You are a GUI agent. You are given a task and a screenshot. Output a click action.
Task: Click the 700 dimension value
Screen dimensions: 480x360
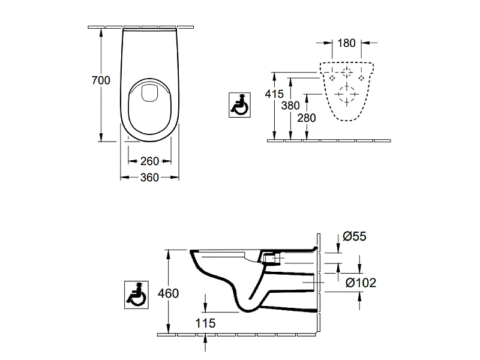coord(101,80)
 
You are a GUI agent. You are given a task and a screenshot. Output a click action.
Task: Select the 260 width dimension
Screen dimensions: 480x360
coord(149,161)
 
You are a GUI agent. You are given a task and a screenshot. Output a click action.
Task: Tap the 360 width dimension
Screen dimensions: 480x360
coord(149,177)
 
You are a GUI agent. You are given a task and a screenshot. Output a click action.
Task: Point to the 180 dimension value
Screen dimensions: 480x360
coord(347,43)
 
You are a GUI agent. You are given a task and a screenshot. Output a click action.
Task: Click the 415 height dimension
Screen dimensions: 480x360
coord(274,94)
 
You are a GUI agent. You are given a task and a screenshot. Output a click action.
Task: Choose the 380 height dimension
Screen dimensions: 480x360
coord(290,106)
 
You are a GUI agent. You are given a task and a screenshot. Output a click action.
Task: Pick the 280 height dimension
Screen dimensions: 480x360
coord(307,118)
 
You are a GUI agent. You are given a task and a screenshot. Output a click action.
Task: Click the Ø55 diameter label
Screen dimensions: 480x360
coord(355,236)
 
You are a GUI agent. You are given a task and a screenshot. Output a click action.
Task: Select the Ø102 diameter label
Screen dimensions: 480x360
coord(361,283)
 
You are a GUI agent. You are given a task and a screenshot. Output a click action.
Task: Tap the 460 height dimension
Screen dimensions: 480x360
coord(169,293)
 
